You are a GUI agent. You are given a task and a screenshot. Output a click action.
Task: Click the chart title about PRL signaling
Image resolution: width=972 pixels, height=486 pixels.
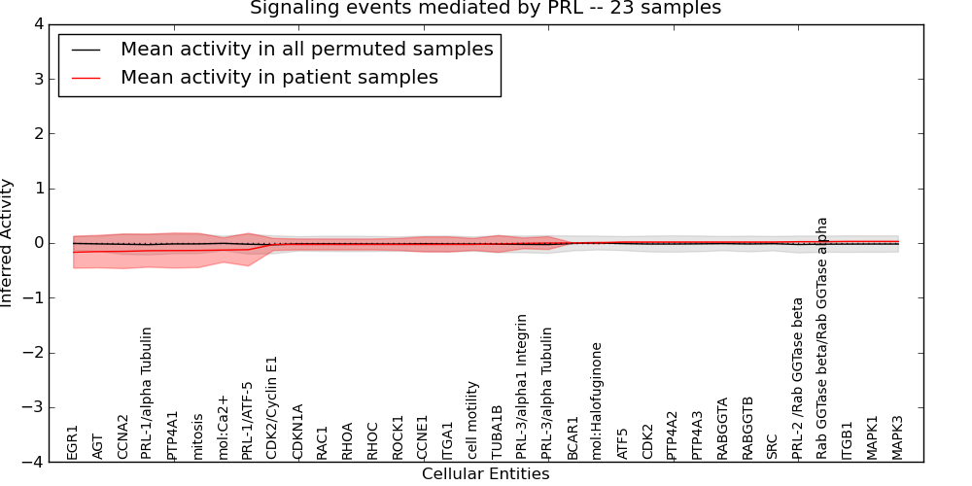(x=485, y=9)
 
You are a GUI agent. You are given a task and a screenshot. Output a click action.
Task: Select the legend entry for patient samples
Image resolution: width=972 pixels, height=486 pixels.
(x=279, y=78)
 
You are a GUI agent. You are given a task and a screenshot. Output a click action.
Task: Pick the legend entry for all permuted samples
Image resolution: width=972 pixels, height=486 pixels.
(x=306, y=50)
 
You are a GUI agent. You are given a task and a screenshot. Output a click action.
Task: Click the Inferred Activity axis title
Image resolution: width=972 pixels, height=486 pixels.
(x=8, y=243)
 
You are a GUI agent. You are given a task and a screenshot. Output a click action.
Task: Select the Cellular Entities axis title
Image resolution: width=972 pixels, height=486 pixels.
(x=485, y=474)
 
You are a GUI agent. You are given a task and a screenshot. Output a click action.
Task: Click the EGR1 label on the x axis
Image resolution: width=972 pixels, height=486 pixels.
(x=73, y=441)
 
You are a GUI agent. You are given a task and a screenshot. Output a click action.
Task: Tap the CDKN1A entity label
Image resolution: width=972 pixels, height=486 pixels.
(x=298, y=431)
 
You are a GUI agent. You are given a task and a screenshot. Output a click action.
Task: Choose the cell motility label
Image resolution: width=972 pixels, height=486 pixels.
(x=473, y=420)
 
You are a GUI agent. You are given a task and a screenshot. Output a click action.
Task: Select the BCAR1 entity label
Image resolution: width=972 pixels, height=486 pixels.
(x=573, y=437)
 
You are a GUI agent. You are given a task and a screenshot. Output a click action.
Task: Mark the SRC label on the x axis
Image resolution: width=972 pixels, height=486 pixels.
(x=773, y=446)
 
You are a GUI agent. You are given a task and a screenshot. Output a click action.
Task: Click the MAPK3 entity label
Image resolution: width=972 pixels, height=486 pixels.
(x=897, y=436)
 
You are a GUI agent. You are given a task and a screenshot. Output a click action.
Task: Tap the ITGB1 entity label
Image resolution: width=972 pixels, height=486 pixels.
(x=848, y=439)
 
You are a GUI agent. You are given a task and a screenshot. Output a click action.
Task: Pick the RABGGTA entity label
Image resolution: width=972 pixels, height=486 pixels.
(x=722, y=428)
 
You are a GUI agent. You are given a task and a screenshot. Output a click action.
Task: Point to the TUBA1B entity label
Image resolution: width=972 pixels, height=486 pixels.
(x=498, y=432)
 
